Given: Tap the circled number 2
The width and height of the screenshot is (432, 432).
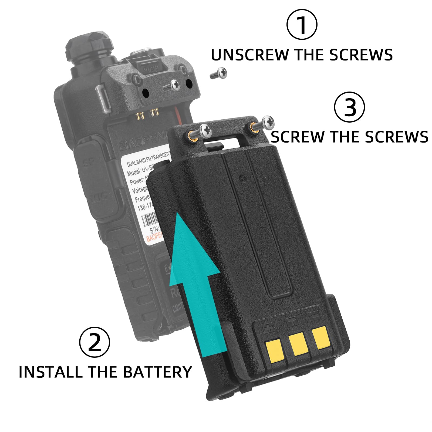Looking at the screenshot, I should [x=94, y=342].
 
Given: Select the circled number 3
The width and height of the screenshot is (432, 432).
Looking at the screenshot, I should [x=350, y=107].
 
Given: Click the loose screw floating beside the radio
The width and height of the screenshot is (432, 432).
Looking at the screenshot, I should [x=219, y=73].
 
